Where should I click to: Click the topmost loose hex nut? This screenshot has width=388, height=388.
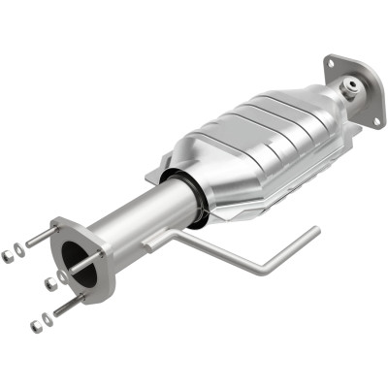coord(8,255)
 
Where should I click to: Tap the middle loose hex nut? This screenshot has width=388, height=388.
coord(48,284)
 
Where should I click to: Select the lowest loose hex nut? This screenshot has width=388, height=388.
coord(35,326)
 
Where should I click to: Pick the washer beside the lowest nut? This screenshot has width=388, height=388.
coord(47,317)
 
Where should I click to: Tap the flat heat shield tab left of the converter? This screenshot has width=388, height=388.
coord(155,175)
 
